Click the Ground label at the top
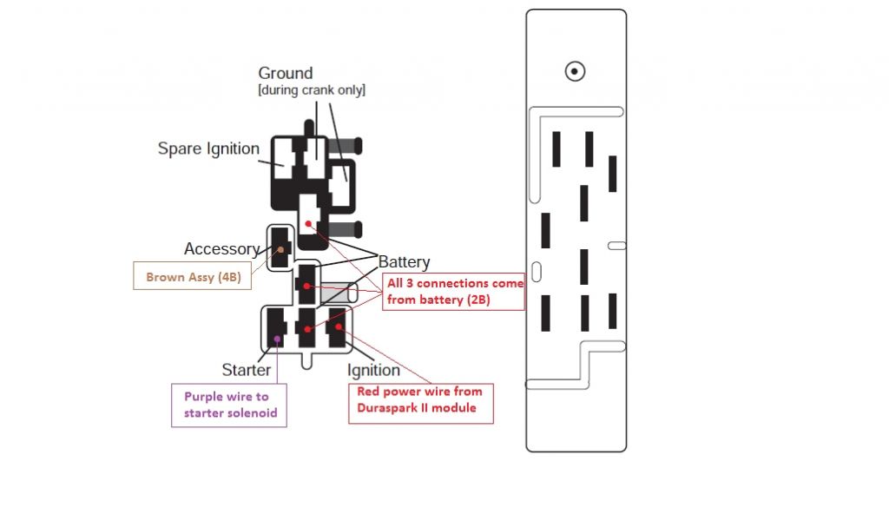285,73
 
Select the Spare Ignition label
208,148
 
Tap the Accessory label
221,249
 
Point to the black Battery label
404,262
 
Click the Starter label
247,370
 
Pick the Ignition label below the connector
373,371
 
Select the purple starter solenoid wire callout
230,405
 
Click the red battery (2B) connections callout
456,293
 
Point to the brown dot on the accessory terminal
280,250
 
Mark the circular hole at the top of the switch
575,71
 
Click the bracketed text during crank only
312,91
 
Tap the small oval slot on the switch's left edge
537,270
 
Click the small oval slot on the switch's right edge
616,246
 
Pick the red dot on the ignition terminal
331,327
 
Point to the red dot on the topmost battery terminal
308,223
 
